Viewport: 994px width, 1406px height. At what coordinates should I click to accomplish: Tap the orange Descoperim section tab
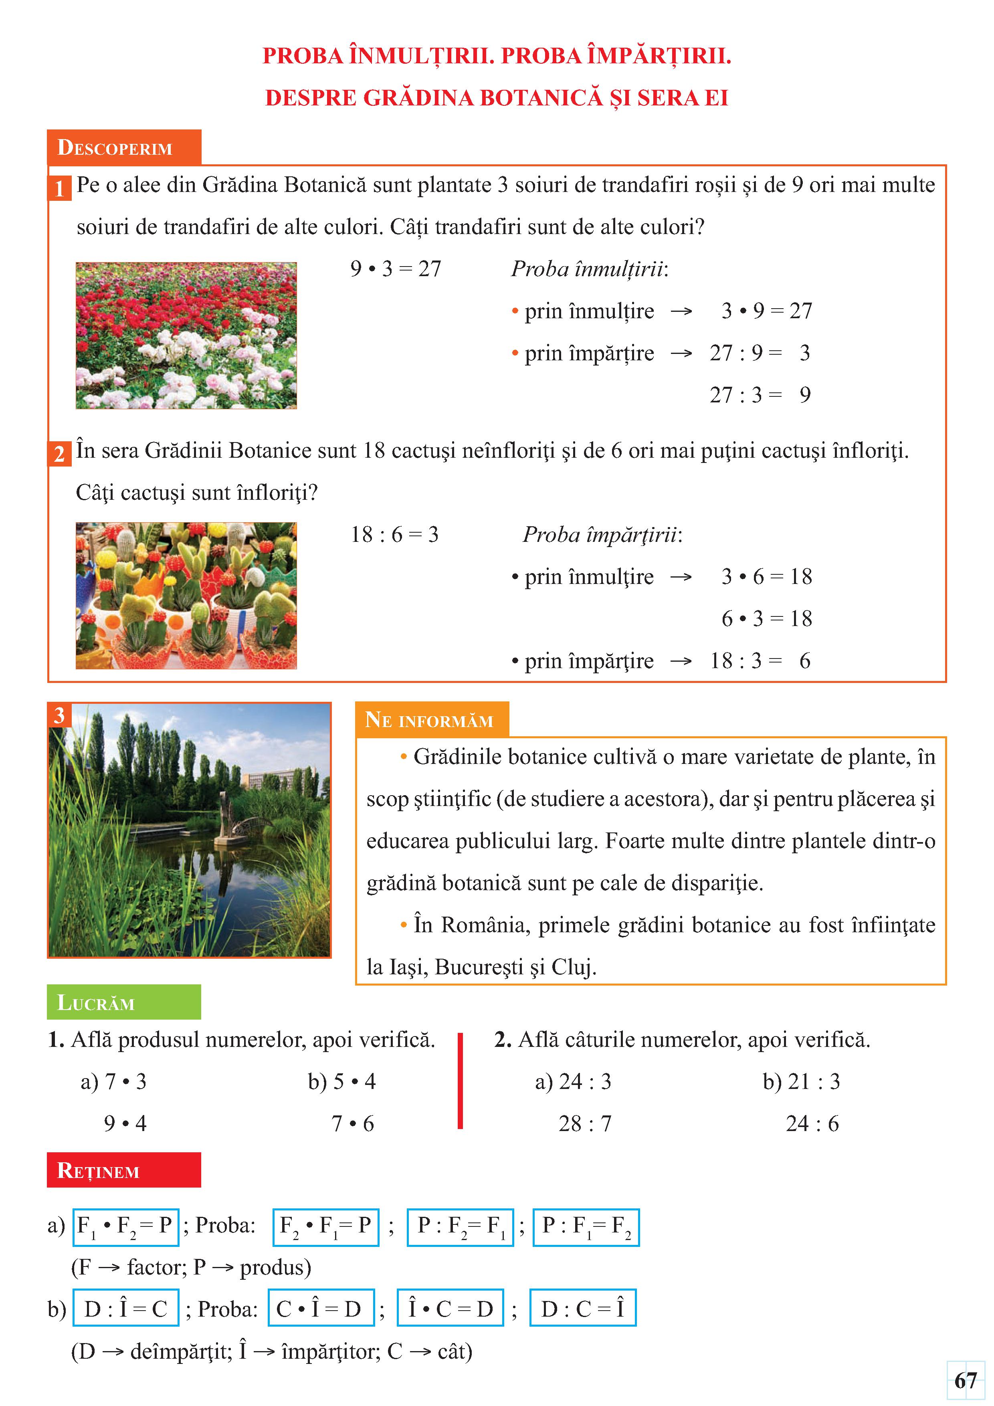point(124,147)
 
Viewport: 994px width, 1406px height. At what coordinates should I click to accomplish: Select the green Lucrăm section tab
point(124,1002)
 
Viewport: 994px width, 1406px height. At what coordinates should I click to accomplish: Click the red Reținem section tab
point(124,1170)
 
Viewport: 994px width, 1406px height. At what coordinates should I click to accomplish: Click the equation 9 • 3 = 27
point(396,269)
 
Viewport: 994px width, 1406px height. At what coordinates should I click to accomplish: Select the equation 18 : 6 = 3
point(394,535)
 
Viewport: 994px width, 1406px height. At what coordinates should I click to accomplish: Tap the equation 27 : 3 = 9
point(760,395)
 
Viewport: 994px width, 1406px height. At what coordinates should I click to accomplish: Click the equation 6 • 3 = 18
point(766,618)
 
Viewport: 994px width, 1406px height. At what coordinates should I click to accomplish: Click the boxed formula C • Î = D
point(321,1309)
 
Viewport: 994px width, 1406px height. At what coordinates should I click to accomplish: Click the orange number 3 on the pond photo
point(59,715)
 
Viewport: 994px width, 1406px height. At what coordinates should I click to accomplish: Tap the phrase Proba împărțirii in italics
point(602,535)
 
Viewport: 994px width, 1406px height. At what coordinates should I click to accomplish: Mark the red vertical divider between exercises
point(461,1081)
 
